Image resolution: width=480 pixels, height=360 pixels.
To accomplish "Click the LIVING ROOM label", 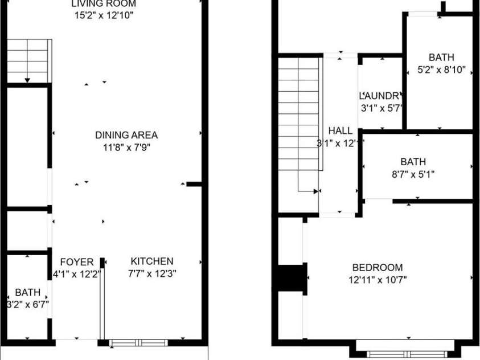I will coord(104,3).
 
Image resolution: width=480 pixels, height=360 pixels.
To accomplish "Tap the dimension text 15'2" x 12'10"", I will coord(104,15).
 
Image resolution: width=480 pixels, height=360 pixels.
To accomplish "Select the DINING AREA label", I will coord(126,135).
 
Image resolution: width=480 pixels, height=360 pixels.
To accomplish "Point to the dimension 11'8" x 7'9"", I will coord(126,147).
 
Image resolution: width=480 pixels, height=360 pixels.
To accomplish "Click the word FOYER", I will coord(77,262).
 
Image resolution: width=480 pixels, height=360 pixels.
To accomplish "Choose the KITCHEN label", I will coord(152,261).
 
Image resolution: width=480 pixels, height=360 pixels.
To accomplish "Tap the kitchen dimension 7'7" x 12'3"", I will coord(152,273).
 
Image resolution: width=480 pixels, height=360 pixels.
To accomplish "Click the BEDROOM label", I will coord(378,267).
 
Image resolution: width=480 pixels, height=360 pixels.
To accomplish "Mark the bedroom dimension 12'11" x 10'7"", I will coord(378,279).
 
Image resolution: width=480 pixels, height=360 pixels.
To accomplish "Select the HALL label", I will coord(340,131).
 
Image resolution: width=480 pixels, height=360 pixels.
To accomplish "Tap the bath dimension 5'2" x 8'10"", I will coord(441,70).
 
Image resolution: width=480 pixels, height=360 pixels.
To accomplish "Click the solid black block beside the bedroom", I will coord(292,279).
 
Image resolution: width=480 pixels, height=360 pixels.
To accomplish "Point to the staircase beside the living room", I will coord(29,61).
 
